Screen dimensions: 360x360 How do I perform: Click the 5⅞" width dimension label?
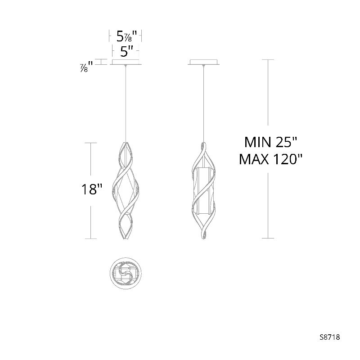coord(126,36)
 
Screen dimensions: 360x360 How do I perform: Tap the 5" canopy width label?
coord(127,51)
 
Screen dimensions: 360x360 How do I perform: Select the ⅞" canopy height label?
coord(86,67)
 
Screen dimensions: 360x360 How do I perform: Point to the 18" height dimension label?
coord(92,189)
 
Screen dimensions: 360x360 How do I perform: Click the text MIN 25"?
coord(270,142)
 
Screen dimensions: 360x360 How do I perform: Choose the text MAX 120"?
coord(270,159)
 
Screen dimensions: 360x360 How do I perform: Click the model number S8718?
coord(330,337)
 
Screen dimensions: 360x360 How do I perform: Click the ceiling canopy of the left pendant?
coord(126,62)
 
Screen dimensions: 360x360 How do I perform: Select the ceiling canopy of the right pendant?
coord(203,62)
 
